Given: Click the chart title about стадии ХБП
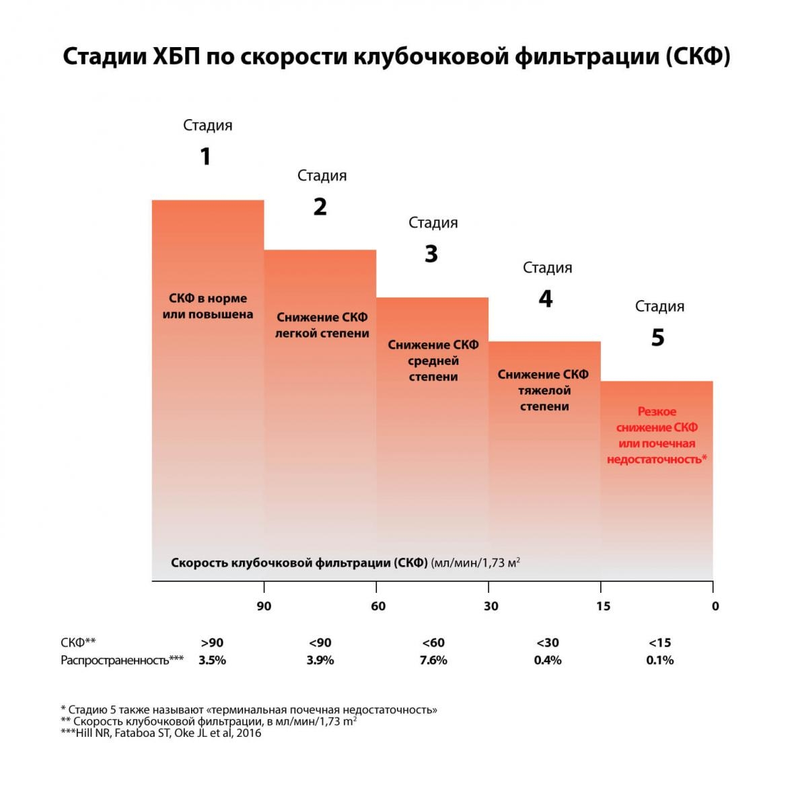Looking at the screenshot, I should [396, 57].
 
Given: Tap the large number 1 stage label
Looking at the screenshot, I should [206, 157].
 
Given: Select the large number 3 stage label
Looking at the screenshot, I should [431, 254].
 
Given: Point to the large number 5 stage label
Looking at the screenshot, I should [657, 337].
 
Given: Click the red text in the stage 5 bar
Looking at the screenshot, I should [657, 435].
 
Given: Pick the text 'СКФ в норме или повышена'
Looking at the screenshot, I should [208, 306].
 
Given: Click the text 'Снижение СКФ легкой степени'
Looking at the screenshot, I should [322, 325].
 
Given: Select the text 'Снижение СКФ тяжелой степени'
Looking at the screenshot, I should [544, 390].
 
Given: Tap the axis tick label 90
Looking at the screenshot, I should [264, 606].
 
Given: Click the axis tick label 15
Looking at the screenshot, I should [603, 606].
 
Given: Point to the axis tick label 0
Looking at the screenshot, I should [715, 606].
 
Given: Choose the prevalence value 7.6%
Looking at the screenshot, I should [433, 660].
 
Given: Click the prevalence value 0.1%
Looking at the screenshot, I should [659, 660].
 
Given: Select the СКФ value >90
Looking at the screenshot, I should [212, 643].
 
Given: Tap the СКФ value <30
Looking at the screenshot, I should [547, 643].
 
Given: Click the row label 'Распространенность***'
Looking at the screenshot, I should [122, 660].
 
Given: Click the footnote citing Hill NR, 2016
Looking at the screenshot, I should [161, 733].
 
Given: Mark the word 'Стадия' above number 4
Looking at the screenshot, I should [547, 268].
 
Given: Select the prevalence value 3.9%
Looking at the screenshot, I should [320, 660].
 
